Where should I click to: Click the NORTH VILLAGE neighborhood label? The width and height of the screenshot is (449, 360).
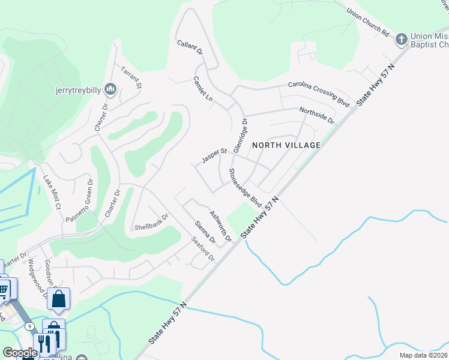coord(286,145)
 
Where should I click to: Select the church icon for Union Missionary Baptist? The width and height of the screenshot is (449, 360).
coord(401,40)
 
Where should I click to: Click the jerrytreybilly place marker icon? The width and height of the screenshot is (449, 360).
coord(110,89)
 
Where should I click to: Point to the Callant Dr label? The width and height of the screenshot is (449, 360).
coord(189,48)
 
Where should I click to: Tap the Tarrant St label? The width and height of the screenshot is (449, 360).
coord(131,77)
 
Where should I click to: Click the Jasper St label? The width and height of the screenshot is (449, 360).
coord(213,157)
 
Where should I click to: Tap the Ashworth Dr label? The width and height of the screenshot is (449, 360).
coord(220,226)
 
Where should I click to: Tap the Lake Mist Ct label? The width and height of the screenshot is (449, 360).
coord(52,192)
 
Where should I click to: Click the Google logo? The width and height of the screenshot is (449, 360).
coord(20,353)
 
